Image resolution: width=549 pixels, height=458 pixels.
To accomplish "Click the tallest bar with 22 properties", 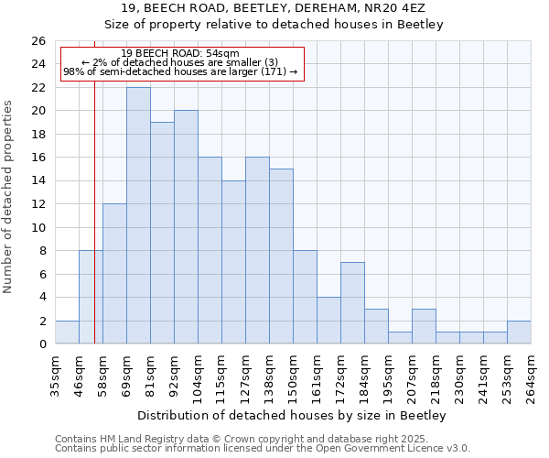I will click(x=138, y=215).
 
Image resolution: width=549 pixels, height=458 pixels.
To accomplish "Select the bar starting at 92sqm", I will click(x=186, y=227).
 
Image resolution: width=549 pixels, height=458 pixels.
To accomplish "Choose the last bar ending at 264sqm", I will click(x=519, y=333).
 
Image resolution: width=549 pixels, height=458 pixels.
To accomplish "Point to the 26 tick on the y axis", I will click(x=38, y=41).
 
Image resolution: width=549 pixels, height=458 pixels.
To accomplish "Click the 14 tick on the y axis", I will click(x=38, y=181).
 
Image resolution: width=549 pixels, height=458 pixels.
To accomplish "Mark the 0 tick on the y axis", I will click(x=42, y=344).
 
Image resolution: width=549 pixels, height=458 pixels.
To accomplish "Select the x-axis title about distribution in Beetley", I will click(x=293, y=416).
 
